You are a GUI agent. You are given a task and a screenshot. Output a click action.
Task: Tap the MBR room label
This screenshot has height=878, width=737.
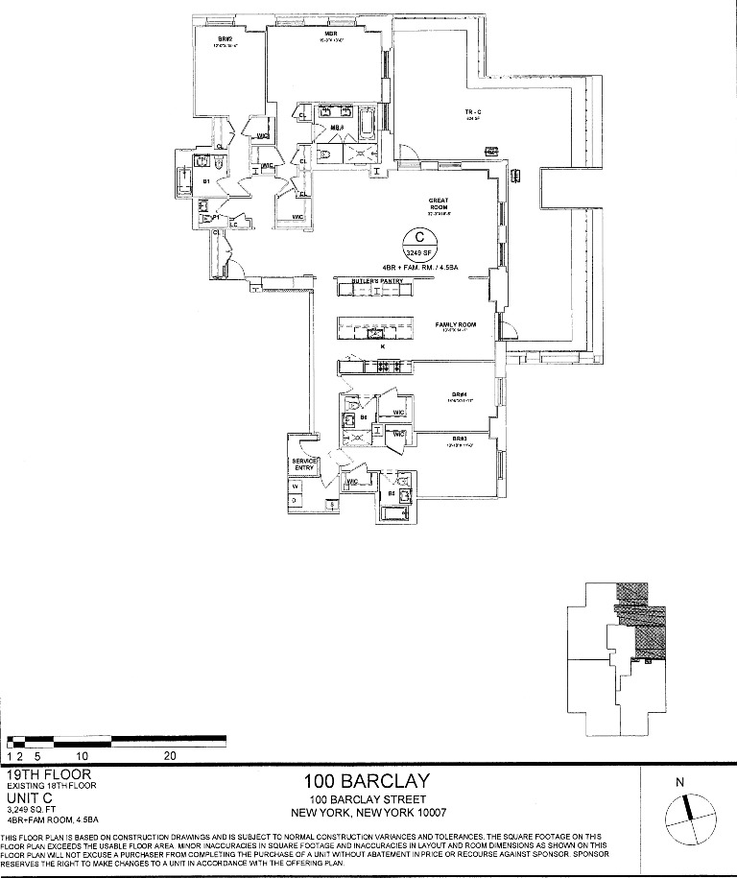coord(329,35)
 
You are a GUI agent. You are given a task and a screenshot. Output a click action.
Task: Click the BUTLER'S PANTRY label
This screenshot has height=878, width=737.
coord(375,281)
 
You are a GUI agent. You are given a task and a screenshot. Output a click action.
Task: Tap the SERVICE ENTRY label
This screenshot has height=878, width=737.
coord(304,464)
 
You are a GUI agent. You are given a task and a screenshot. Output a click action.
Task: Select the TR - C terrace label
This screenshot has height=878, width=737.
coord(471,113)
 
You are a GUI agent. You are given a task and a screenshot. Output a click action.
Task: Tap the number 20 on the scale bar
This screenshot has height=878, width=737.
coord(171,755)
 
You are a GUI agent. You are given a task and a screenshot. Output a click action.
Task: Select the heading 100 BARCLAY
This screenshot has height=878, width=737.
coord(367,781)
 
